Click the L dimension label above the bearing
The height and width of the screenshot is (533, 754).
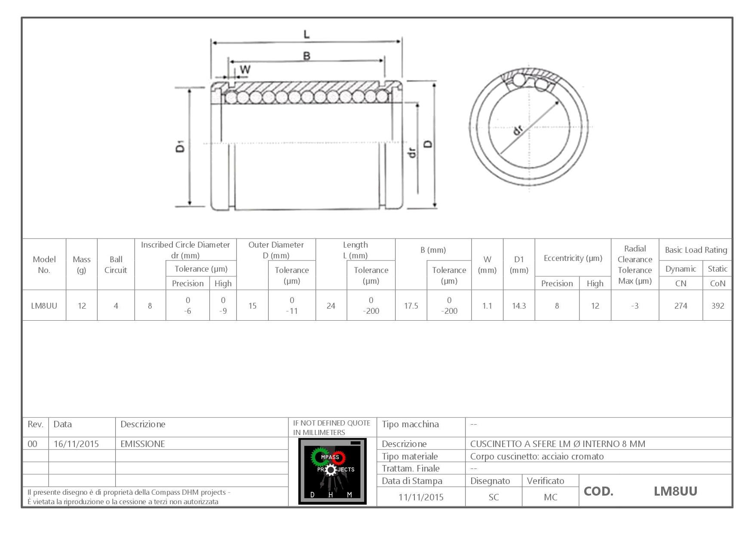307,34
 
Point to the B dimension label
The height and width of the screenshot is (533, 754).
307,56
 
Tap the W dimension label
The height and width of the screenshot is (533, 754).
245,69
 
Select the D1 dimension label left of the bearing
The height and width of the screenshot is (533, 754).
181,146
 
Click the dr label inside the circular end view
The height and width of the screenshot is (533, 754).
518,129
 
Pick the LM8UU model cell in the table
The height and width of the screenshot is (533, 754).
44,306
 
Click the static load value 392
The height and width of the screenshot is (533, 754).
717,306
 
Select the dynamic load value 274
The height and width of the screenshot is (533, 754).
680,306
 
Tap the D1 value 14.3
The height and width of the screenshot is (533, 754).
519,306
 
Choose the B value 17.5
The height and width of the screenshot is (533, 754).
411,306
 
